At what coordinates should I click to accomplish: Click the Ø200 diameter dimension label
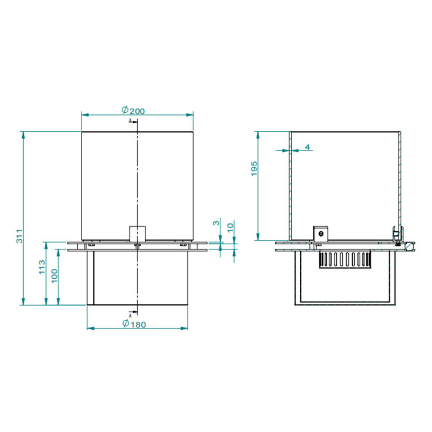pyautogui.click(x=133, y=110)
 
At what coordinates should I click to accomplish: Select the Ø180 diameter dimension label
pyautogui.click(x=134, y=323)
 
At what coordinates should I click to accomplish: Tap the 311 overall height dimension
pyautogui.click(x=19, y=236)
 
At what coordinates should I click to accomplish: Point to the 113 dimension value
pyautogui.click(x=42, y=267)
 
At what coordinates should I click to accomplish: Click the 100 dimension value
pyautogui.click(x=55, y=275)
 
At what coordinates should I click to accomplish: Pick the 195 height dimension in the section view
pyautogui.click(x=254, y=168)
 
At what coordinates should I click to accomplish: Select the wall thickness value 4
pyautogui.click(x=307, y=147)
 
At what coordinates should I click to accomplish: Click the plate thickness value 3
pyautogui.click(x=217, y=222)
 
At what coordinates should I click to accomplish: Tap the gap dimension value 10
pyautogui.click(x=231, y=227)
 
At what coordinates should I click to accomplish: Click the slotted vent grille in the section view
pyautogui.click(x=345, y=259)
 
